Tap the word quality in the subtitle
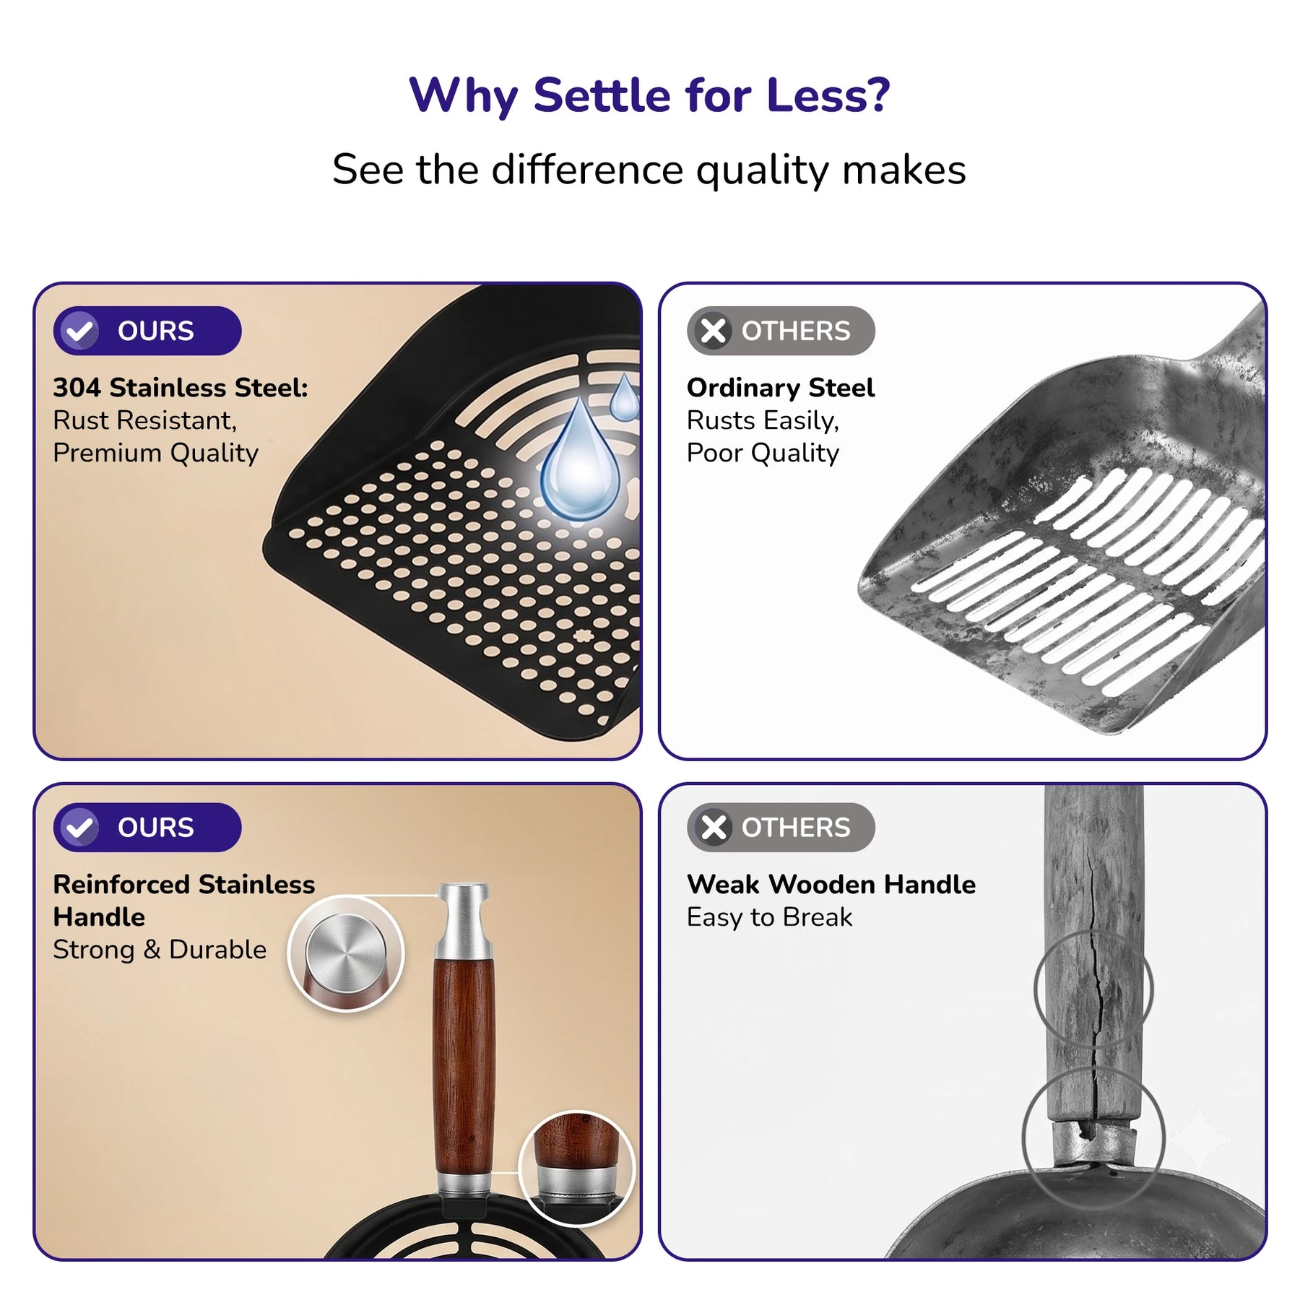pos(763,171)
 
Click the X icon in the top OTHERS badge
pos(714,331)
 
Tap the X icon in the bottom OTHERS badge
pos(714,828)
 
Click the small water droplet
pos(624,396)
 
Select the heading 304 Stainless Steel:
pos(181,388)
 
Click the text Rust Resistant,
pos(145,420)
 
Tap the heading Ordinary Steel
pos(781,388)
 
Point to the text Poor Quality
pos(763,453)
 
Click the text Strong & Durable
pos(160,950)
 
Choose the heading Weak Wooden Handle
pos(831,885)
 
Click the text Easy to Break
pos(769,917)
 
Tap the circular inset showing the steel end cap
pos(346,953)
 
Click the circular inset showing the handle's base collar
pos(576,1168)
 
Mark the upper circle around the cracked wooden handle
pos(1036,989)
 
